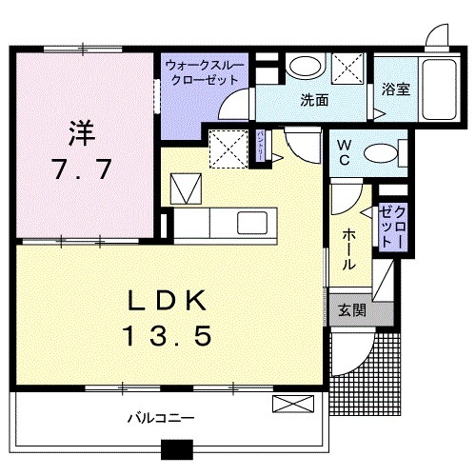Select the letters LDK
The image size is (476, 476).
[x=168, y=301]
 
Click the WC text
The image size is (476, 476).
[x=342, y=151]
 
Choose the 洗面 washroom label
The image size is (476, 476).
[x=314, y=99]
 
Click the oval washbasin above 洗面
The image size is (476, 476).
[x=305, y=67]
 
